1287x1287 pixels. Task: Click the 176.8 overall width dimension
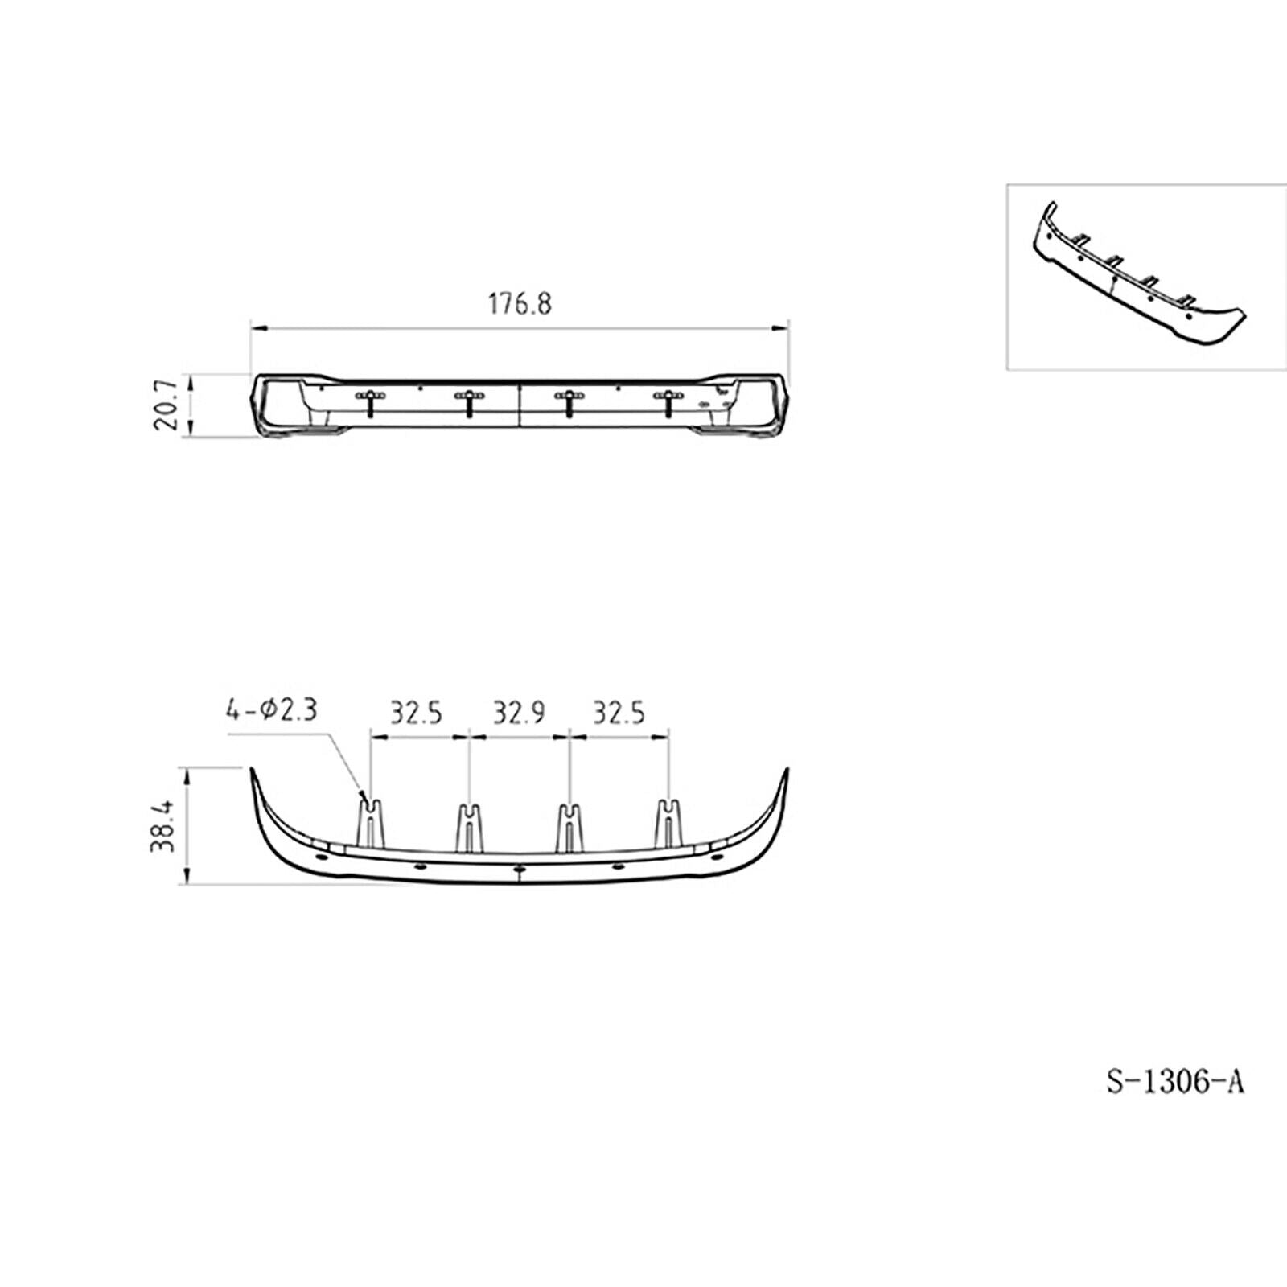coord(520,304)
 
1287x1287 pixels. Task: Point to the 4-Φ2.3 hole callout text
coord(272,709)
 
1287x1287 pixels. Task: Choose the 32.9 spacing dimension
coord(519,713)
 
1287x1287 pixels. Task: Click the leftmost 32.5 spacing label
coord(417,713)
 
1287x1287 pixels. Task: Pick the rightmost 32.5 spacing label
coord(619,713)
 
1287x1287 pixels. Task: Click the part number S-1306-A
coord(1176,1082)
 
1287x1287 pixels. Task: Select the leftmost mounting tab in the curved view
coord(370,823)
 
